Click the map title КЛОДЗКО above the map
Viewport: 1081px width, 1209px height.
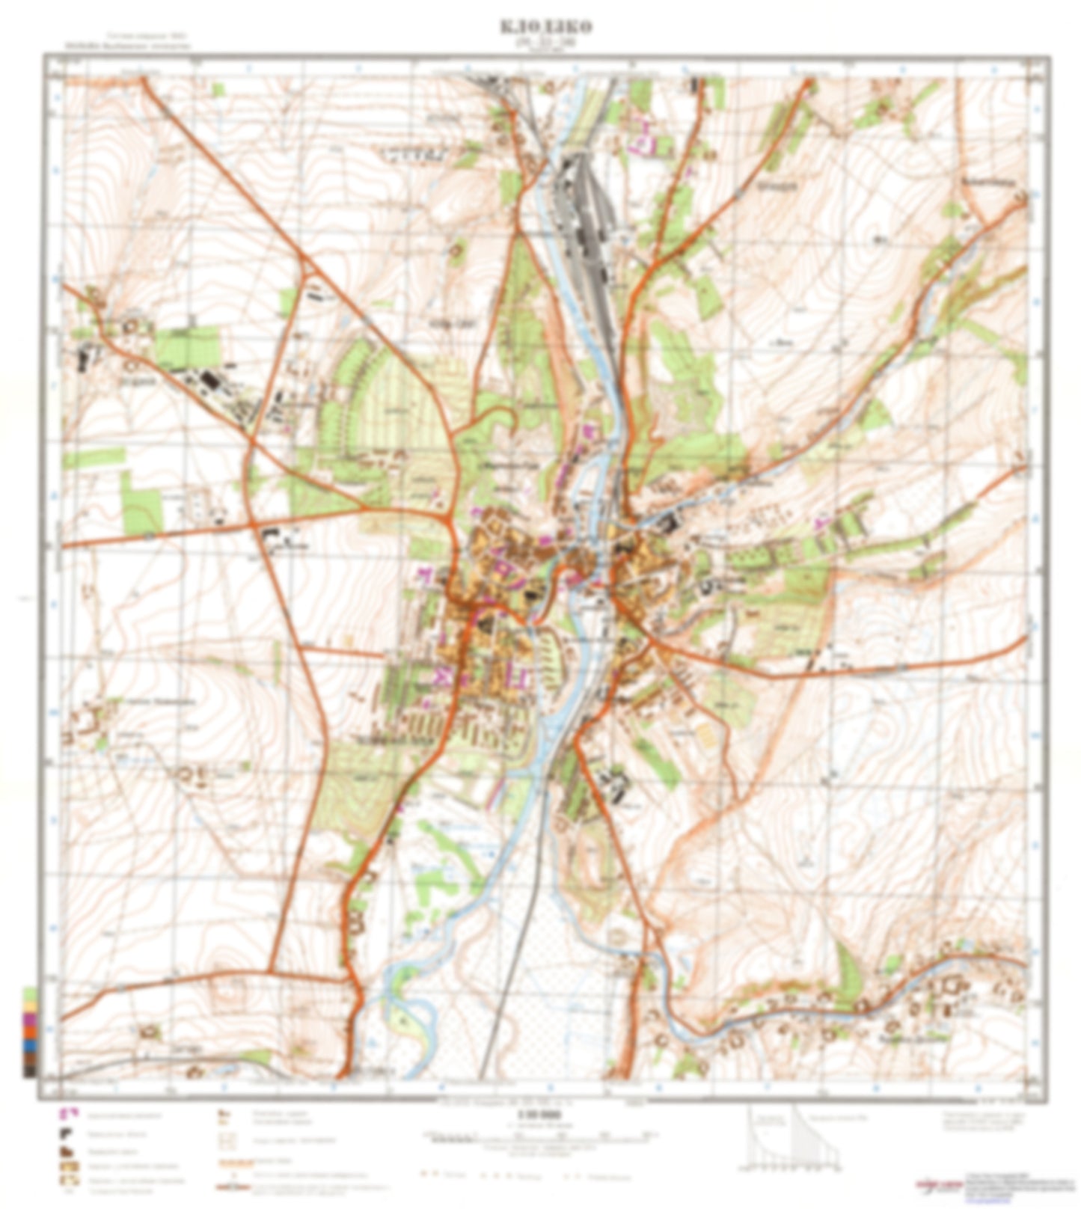(545, 26)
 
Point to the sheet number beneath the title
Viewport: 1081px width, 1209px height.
(545, 43)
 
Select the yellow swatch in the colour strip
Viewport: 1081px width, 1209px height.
(30, 1007)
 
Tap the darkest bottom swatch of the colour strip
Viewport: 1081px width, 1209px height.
(30, 1071)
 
